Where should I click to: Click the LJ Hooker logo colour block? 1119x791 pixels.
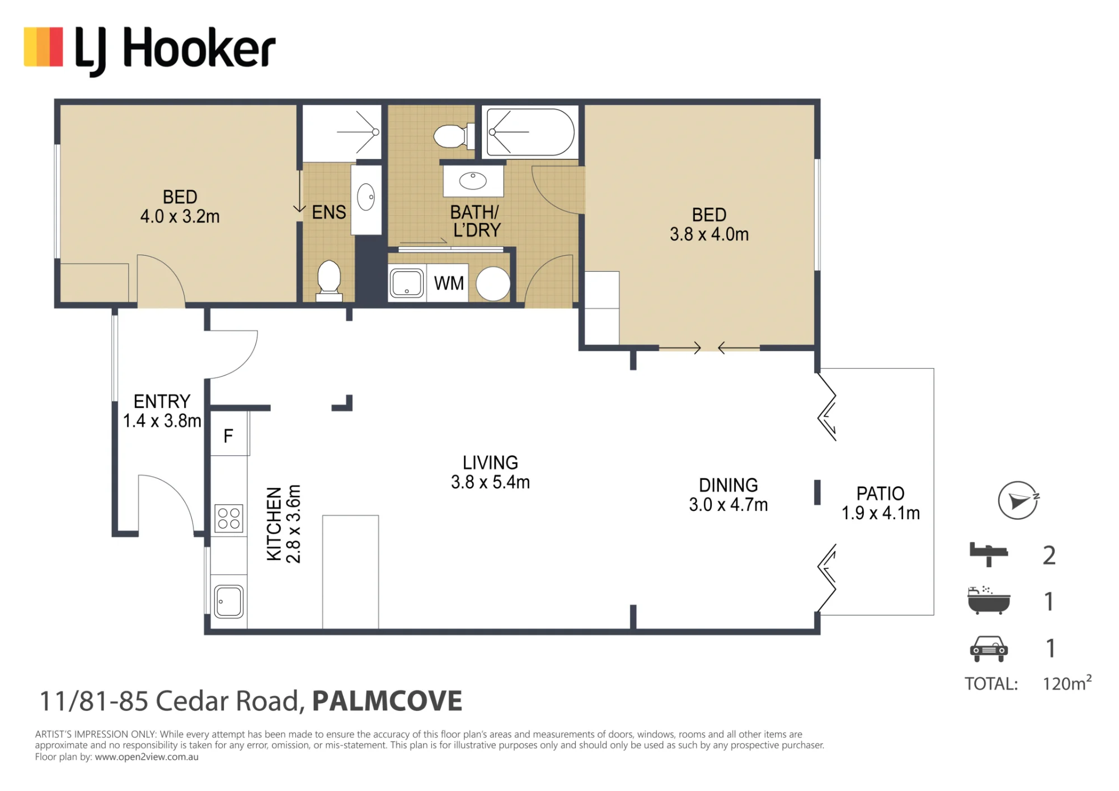click(43, 47)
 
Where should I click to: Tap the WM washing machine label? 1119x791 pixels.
click(449, 283)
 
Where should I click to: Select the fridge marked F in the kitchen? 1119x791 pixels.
click(229, 434)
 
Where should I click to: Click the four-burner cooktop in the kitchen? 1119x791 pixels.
click(229, 518)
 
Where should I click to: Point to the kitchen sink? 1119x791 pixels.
click(229, 601)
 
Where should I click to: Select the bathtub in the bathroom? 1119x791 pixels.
click(530, 132)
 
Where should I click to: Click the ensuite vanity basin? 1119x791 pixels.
click(366, 197)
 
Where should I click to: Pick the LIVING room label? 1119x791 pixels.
click(490, 463)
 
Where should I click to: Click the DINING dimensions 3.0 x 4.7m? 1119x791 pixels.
click(728, 505)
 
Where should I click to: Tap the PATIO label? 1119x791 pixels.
click(881, 493)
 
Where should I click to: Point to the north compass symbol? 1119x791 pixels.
click(1018, 500)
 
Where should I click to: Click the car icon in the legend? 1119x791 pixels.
click(989, 649)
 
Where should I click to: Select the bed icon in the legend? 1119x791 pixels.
click(989, 554)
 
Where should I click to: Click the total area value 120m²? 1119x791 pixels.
click(1067, 683)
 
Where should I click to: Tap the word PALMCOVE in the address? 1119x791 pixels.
click(387, 701)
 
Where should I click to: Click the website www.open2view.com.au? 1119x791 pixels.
click(147, 757)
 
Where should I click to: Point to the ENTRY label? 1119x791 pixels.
click(162, 401)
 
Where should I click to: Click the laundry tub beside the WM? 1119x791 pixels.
click(407, 284)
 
